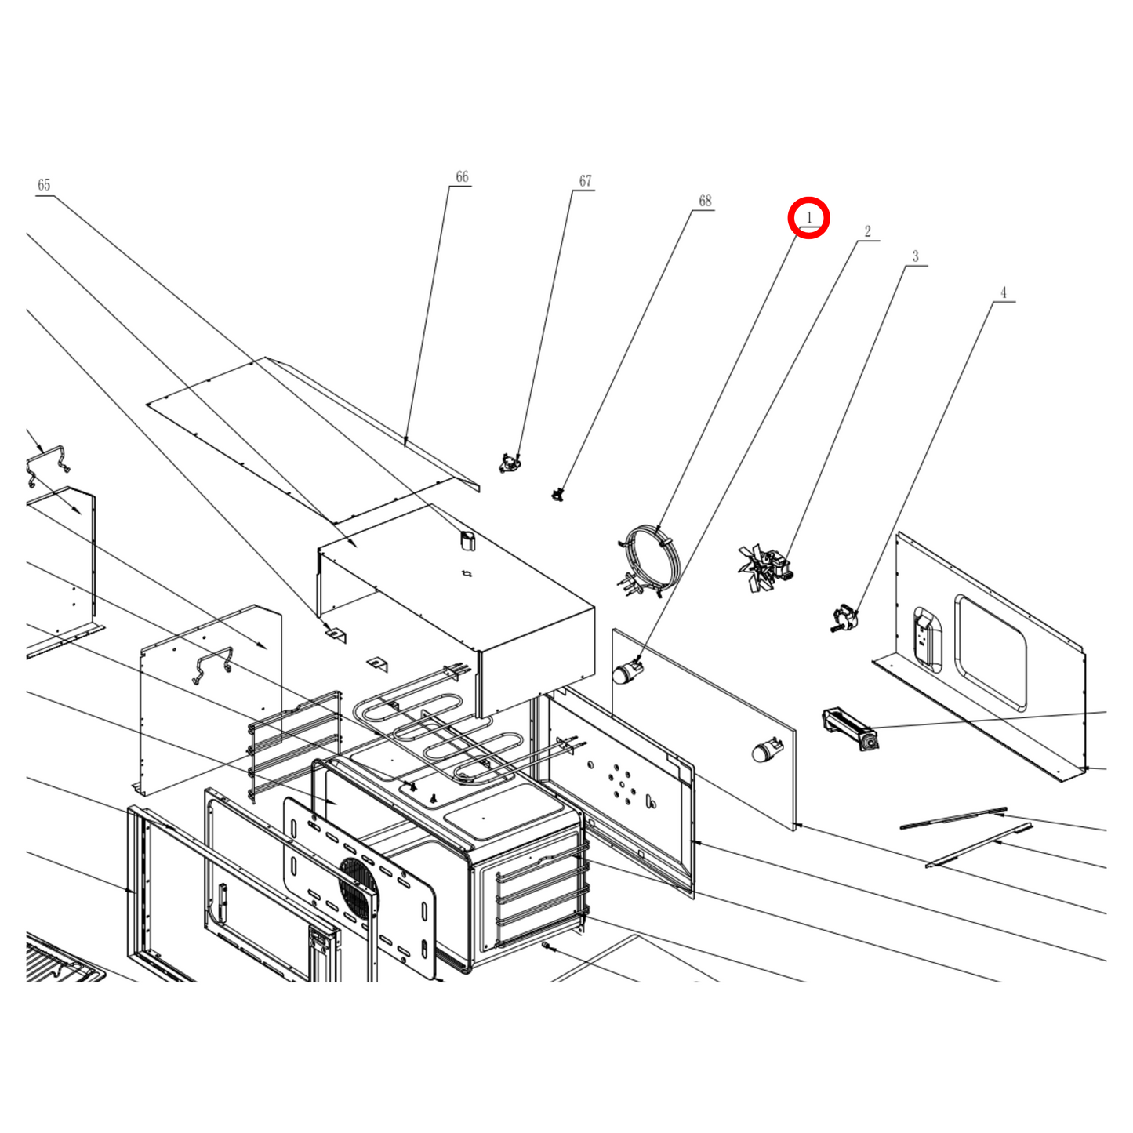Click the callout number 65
pyautogui.click(x=44, y=185)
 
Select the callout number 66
pyautogui.click(x=462, y=177)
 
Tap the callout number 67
pyautogui.click(x=585, y=181)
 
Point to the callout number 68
pyautogui.click(x=705, y=201)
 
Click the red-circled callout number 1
pyautogui.click(x=809, y=217)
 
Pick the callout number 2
pyautogui.click(x=868, y=231)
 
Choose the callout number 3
pyautogui.click(x=916, y=257)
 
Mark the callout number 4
pyautogui.click(x=1004, y=292)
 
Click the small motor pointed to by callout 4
pyautogui.click(x=844, y=618)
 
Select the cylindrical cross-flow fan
pyautogui.click(x=851, y=729)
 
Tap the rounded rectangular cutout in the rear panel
pyautogui.click(x=990, y=652)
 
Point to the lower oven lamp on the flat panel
pyautogui.click(x=767, y=750)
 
